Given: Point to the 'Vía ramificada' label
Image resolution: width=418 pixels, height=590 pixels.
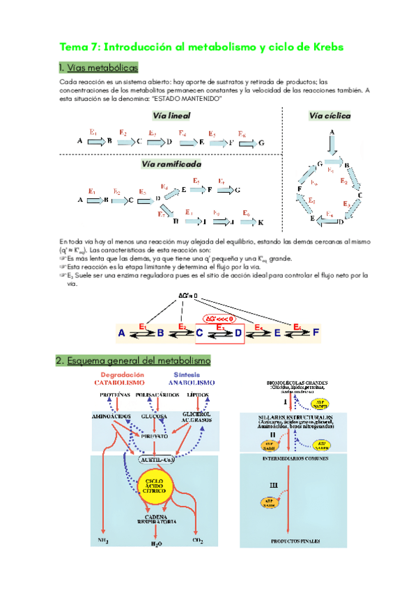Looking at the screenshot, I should pos(171,164).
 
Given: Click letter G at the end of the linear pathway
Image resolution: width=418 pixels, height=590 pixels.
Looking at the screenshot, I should pos(261,142).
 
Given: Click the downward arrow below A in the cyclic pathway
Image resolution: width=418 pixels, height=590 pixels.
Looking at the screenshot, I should pos(332,145).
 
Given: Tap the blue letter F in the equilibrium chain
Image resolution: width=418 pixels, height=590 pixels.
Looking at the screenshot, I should pos(316,333).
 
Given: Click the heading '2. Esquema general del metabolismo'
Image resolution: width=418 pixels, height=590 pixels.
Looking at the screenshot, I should pos(133,360).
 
